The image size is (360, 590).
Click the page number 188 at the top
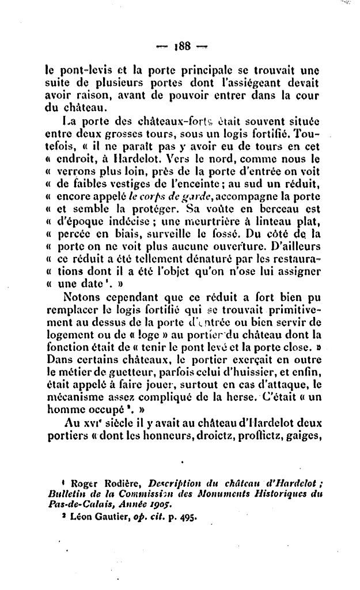click(x=180, y=47)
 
